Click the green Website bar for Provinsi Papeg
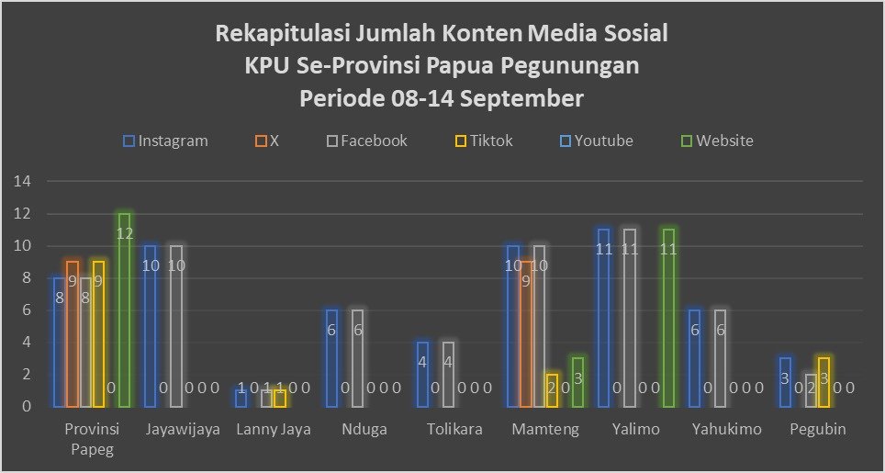[124, 310]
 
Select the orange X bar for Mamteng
[526, 335]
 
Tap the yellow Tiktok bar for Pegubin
[823, 382]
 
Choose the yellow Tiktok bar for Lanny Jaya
[280, 398]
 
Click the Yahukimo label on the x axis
[724, 429]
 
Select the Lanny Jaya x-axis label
[274, 429]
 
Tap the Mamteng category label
[544, 429]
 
